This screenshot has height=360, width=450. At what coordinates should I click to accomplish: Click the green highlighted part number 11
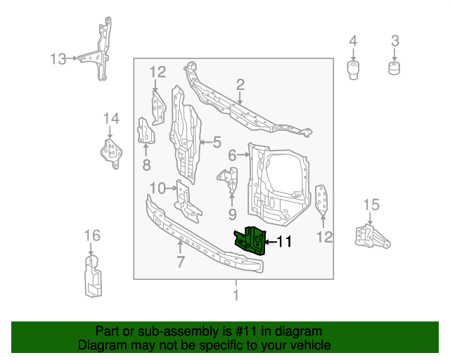250,240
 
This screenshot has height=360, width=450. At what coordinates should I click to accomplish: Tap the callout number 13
58,59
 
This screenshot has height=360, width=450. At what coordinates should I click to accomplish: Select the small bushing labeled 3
394,67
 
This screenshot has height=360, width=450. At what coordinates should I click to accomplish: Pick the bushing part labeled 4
353,70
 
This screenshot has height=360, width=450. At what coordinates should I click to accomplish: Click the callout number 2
240,85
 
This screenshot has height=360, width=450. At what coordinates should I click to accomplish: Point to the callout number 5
217,142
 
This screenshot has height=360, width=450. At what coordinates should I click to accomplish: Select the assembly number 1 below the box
236,295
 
